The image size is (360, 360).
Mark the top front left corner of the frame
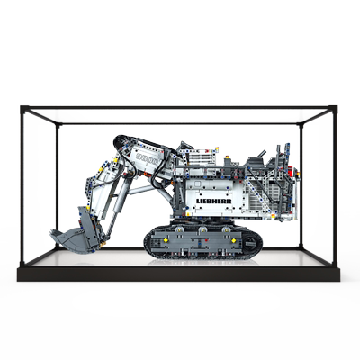click(x=24, y=109)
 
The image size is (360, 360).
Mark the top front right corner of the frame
click(x=335, y=109)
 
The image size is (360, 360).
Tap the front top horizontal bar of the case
click(x=180, y=109)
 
